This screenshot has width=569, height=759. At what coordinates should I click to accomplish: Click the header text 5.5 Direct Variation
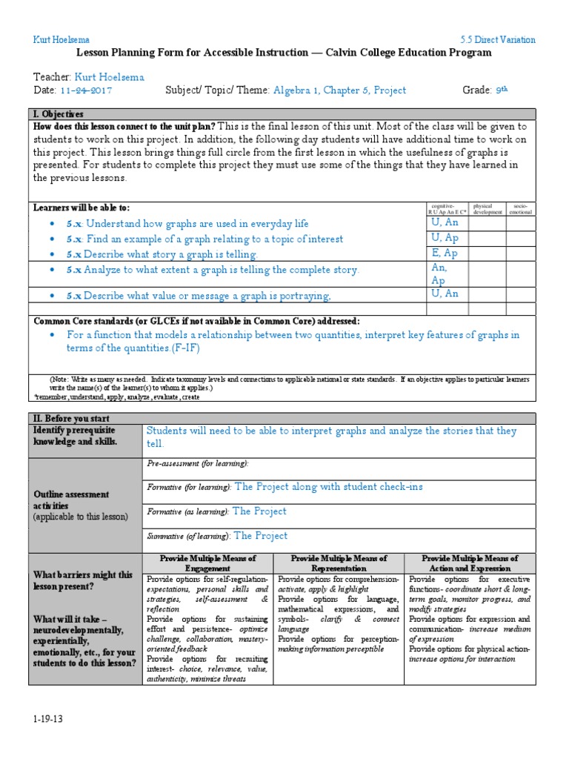pyautogui.click(x=497, y=40)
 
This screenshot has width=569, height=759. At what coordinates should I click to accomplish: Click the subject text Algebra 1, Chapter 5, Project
pyautogui.click(x=339, y=90)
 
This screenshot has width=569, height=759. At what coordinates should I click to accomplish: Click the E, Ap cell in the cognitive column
pyautogui.click(x=445, y=253)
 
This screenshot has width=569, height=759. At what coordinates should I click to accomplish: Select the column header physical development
pyautogui.click(x=488, y=209)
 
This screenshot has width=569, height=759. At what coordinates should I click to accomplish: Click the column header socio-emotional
pyautogui.click(x=520, y=209)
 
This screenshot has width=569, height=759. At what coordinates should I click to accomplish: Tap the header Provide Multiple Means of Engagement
pyautogui.click(x=207, y=563)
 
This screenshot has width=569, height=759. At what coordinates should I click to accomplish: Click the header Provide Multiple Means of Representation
pyautogui.click(x=339, y=563)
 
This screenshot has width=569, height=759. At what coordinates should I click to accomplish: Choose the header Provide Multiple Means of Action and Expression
pyautogui.click(x=470, y=563)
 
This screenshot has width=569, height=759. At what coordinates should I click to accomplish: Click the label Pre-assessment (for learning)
pyautogui.click(x=198, y=463)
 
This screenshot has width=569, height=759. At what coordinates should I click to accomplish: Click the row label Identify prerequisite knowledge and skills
pyautogui.click(x=74, y=436)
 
